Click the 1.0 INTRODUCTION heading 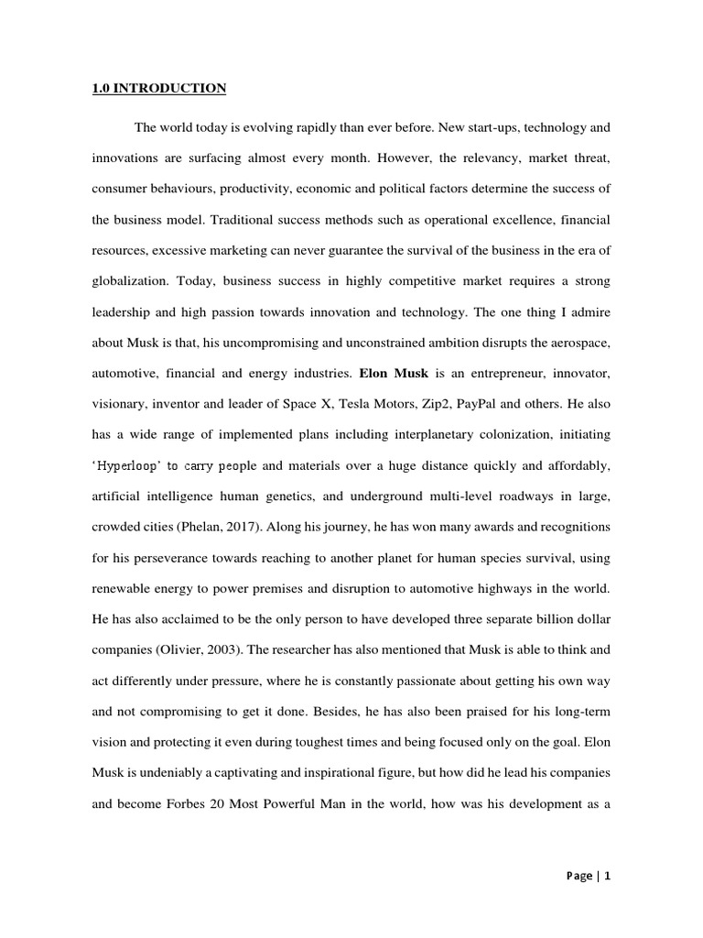coord(158,89)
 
